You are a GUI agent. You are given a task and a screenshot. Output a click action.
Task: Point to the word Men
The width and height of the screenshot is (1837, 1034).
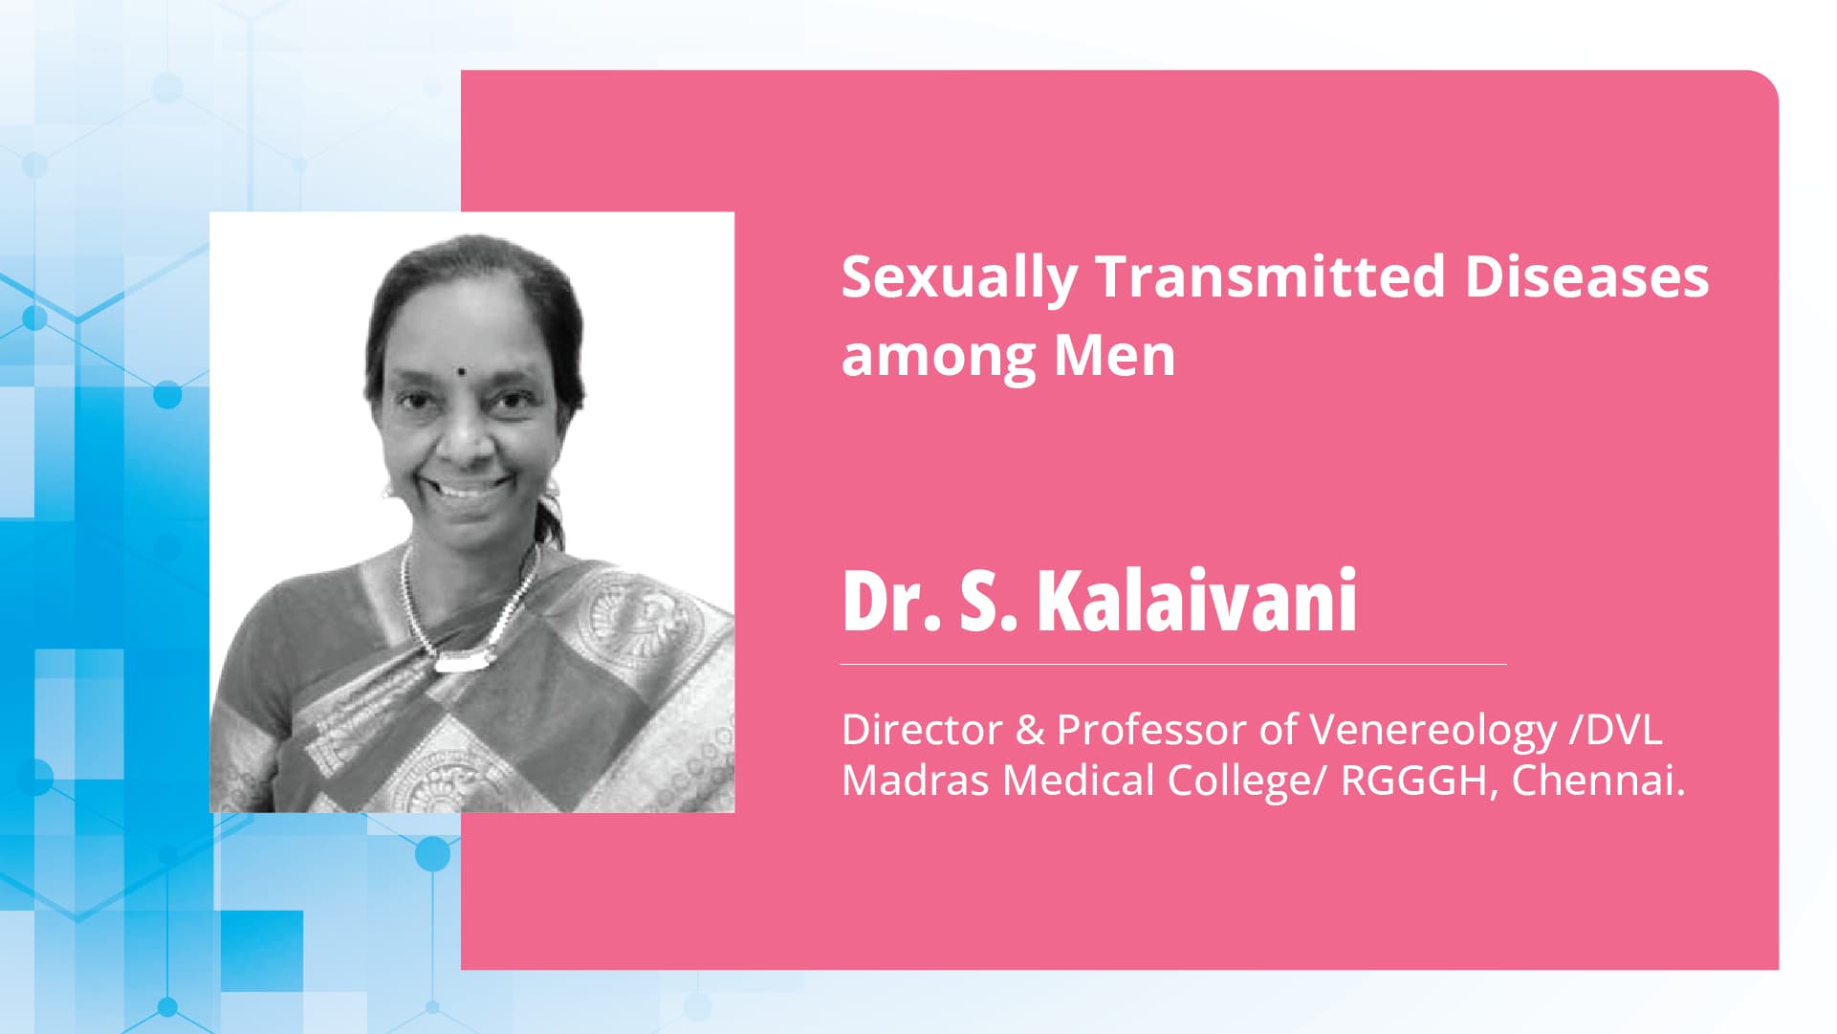[x=1113, y=356]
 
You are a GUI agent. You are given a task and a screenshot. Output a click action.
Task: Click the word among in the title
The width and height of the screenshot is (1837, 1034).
[x=937, y=358]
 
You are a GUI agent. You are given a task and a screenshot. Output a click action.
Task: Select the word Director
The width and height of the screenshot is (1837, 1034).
[x=922, y=730]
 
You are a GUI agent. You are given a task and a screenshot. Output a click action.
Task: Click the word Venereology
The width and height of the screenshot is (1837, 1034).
[x=1432, y=732]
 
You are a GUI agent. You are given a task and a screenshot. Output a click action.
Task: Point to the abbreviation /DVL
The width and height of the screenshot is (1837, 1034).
[x=1616, y=730]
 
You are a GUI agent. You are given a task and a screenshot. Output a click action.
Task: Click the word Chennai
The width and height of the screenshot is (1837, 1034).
[x=1597, y=781]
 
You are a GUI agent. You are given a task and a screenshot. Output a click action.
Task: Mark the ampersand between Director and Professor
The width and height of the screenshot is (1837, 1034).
[x=1030, y=731]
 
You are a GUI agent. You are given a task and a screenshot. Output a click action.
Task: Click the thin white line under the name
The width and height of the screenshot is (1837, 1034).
[x=1173, y=664]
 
